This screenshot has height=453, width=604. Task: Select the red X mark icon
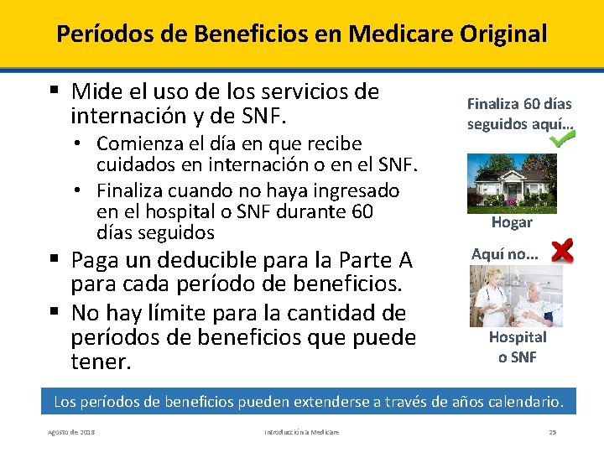562,250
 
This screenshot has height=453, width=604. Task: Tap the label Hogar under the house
512,222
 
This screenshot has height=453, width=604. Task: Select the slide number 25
553,432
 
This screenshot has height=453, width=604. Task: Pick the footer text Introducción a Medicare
302,432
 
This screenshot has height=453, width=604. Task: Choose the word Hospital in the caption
518,337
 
